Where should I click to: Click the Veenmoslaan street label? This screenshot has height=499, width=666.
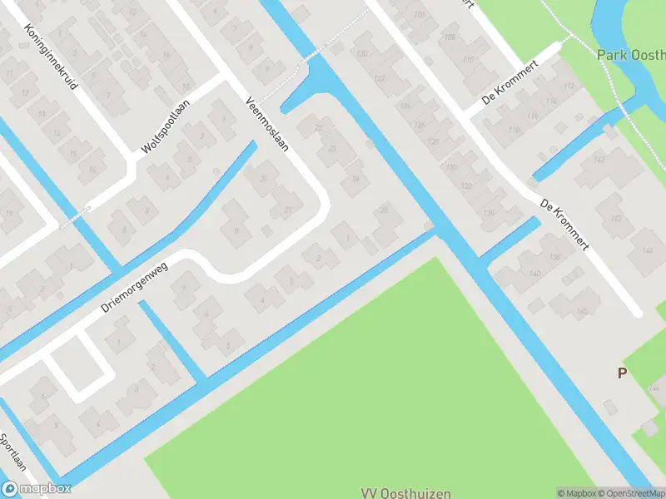[267, 126]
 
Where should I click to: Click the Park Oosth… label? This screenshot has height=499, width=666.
[631, 55]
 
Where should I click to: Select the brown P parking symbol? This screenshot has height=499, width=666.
[621, 373]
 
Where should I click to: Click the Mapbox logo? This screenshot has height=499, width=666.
[35, 490]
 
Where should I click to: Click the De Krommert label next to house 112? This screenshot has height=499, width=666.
[510, 85]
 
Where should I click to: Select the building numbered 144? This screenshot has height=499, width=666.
[647, 249]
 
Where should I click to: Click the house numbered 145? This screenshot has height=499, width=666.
[582, 310]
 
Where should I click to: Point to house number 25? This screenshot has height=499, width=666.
[384, 210]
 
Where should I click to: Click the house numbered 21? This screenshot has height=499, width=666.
[288, 210]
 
